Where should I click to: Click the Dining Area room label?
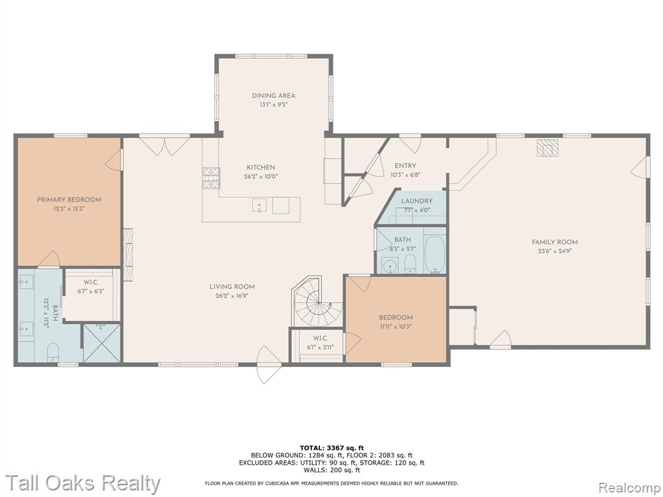(274, 96)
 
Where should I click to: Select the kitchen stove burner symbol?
(212, 177)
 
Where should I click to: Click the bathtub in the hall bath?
(434, 254)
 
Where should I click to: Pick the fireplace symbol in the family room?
(548, 148)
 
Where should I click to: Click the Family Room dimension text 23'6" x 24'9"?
(555, 250)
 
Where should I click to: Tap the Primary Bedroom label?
(69, 199)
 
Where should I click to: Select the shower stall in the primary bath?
(102, 343)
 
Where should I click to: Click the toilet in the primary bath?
(53, 353)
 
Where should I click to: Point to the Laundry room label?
(417, 201)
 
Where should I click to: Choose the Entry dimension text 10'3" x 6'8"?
(405, 175)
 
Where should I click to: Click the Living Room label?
(232, 287)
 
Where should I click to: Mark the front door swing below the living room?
(265, 364)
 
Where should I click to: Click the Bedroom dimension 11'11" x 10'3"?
(396, 326)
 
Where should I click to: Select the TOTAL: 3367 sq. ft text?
(331, 448)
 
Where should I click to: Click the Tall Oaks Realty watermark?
(84, 483)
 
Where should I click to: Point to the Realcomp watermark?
(629, 487)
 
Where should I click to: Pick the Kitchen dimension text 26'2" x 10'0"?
(261, 177)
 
